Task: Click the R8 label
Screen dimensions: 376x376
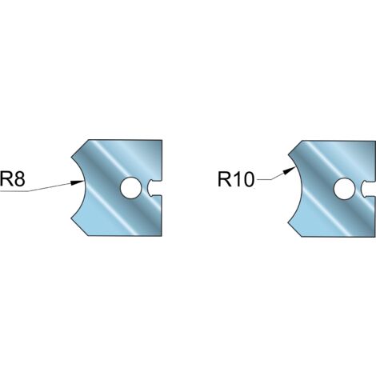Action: pyautogui.click(x=13, y=178)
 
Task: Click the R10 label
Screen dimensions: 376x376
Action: pyautogui.click(x=236, y=179)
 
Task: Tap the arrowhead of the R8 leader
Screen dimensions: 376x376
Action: pyautogui.click(x=78, y=182)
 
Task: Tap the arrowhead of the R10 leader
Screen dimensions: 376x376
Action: pyautogui.click(x=289, y=170)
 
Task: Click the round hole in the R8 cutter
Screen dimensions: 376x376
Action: pyautogui.click(x=130, y=188)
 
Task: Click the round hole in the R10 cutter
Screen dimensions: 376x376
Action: pyautogui.click(x=344, y=189)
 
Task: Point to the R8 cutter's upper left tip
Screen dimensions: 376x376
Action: pyautogui.click(x=71, y=157)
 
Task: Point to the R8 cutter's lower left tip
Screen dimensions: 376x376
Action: pyautogui.click(x=71, y=218)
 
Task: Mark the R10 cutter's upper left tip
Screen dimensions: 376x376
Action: pyautogui.click(x=289, y=154)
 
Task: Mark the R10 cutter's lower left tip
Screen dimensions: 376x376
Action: pyautogui.click(x=288, y=222)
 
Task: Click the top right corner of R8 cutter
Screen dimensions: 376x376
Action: pyautogui.click(x=162, y=140)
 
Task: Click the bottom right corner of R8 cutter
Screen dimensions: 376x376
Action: pyautogui.click(x=162, y=236)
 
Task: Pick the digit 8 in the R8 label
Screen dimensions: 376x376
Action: pyautogui.click(x=19, y=179)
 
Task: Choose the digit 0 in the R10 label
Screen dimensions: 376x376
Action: pyautogui.click(x=248, y=179)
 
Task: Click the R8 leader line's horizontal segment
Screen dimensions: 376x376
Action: pyautogui.click(x=14, y=191)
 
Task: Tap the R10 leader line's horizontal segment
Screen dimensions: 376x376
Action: pyautogui.click(x=264, y=180)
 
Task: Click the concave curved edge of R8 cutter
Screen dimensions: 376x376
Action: pyautogui.click(x=84, y=187)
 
